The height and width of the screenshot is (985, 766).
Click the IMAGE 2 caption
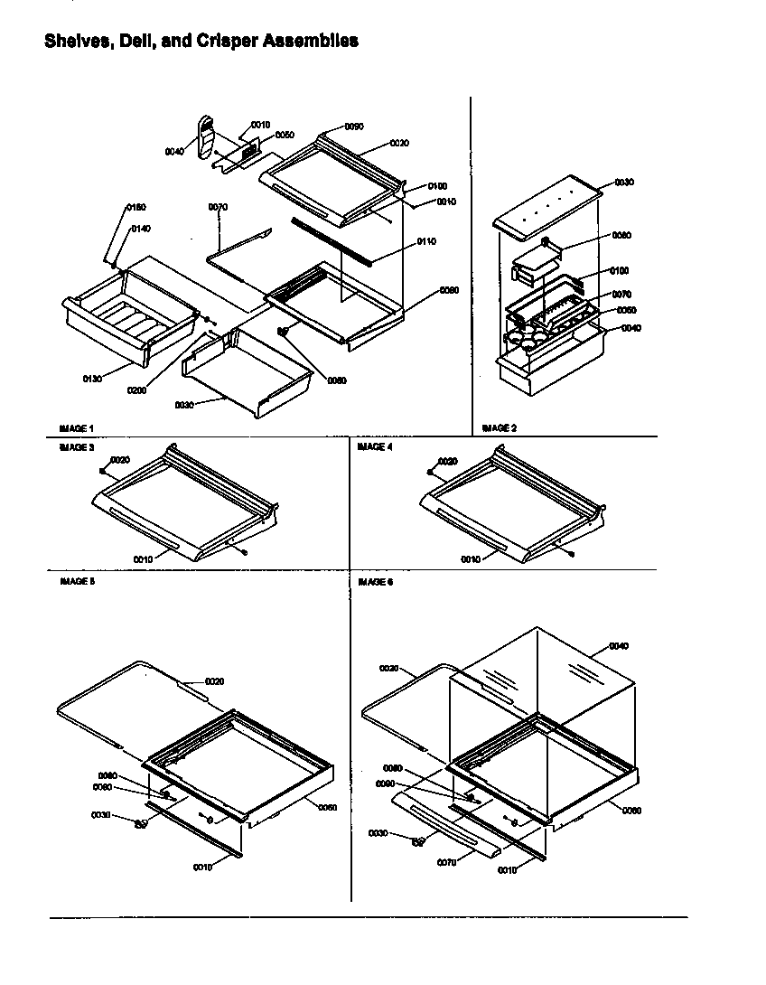[500, 427]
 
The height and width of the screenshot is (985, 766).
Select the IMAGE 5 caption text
[77, 582]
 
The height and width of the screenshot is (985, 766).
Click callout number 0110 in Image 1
[426, 242]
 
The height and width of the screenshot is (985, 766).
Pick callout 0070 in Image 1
[218, 207]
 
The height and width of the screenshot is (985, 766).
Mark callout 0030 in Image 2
[624, 183]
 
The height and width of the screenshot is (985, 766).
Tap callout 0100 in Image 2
[620, 270]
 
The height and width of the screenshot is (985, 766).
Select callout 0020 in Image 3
[121, 460]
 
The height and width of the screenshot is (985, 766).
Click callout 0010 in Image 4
[471, 559]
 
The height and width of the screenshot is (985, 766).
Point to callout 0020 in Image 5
[215, 680]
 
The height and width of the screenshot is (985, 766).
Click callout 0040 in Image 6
[619, 646]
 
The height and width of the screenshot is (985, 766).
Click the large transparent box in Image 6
[542, 687]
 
